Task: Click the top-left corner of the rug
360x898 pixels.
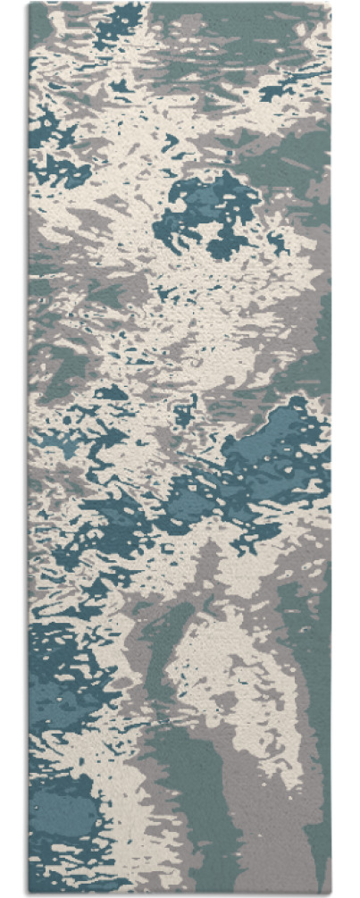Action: [29, 4]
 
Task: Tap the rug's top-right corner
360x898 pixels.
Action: [330, 4]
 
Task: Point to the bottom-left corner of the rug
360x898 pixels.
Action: [29, 893]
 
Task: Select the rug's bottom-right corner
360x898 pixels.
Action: [330, 893]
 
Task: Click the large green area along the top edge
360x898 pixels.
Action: [223, 27]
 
